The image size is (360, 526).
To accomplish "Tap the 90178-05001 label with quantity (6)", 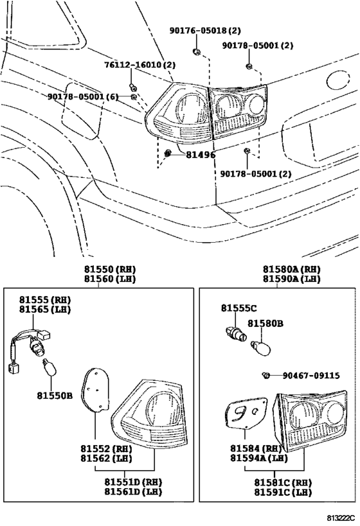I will (x=82, y=96).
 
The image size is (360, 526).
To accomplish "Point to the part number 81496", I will (x=201, y=155).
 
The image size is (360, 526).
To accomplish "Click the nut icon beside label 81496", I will (x=168, y=153).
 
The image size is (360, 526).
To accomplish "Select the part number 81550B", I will (x=55, y=395).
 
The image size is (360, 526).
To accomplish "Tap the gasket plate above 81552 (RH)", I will (x=97, y=389).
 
